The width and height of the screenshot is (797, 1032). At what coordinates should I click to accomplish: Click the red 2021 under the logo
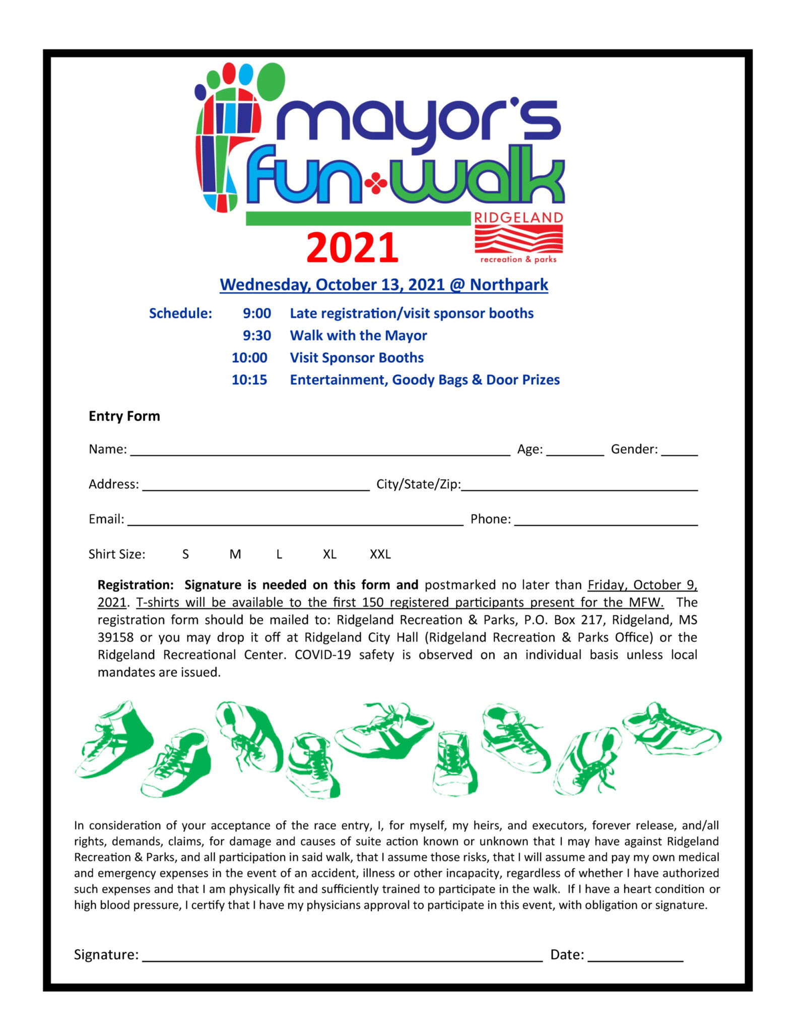[x=352, y=247]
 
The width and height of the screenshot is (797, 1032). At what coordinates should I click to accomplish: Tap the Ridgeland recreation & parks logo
[x=518, y=237]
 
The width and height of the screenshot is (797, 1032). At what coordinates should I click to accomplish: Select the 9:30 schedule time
[x=256, y=336]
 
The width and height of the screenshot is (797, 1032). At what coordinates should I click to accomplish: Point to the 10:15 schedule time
[x=249, y=380]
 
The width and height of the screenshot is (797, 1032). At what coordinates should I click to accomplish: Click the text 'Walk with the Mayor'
[x=358, y=336]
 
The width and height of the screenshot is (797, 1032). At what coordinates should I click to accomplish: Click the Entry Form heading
[x=124, y=416]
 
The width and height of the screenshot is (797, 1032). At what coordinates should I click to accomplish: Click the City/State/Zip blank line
[x=579, y=486]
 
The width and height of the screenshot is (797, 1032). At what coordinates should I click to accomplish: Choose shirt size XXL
[x=380, y=554]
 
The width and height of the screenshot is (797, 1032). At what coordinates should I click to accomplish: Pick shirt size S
[x=185, y=554]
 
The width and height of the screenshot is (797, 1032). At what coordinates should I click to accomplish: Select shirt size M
[x=235, y=554]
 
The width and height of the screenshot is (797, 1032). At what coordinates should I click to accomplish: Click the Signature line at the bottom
[x=342, y=957]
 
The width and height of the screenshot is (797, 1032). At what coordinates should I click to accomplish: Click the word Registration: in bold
[x=136, y=585]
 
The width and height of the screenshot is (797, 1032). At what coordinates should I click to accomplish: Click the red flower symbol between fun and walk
[x=376, y=183]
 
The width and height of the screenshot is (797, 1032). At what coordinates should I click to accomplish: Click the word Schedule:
[x=180, y=313]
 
